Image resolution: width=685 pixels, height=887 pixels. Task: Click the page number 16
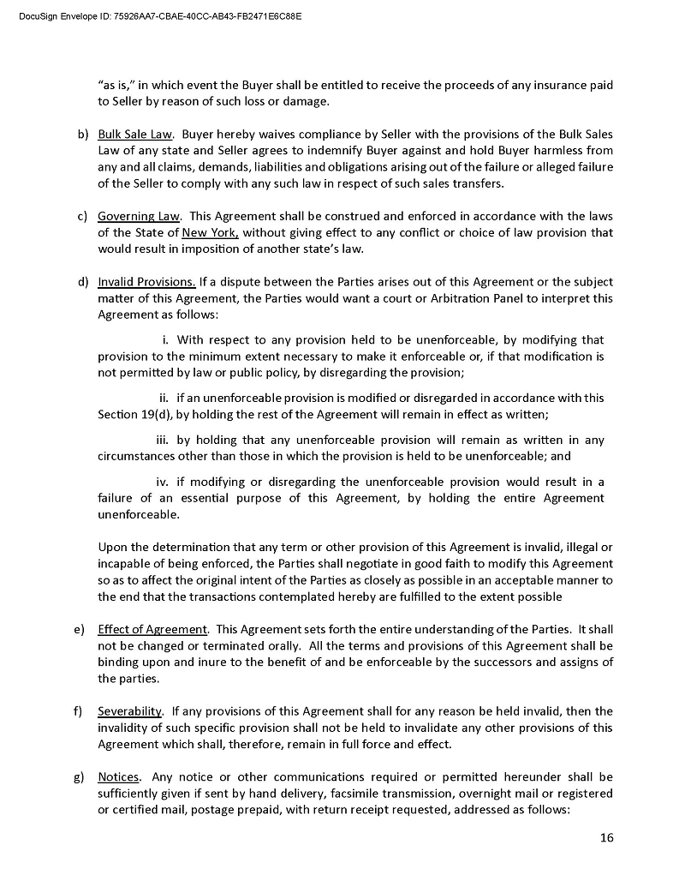point(606,838)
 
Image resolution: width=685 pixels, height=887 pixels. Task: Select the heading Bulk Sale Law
point(135,135)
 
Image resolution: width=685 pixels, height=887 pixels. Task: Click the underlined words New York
point(211,233)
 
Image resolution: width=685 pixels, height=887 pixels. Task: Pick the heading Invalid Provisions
point(147,282)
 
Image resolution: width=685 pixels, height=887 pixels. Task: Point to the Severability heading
point(130,711)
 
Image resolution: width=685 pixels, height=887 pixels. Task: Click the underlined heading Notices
point(118,777)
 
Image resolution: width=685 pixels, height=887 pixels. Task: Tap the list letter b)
point(83,135)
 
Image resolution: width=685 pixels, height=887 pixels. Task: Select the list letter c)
point(83,217)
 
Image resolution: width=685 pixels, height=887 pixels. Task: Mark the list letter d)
point(83,282)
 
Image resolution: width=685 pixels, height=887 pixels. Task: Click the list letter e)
point(83,630)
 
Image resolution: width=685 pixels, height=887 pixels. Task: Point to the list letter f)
point(83,711)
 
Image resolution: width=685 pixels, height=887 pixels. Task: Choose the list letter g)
point(83,777)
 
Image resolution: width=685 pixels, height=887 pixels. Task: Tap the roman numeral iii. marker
point(162,441)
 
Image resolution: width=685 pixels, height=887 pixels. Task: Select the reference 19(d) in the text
point(154,415)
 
